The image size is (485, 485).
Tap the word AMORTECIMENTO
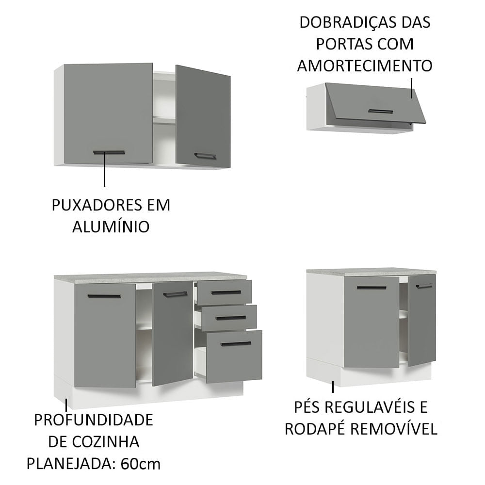coord(364,65)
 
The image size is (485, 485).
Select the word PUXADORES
coord(93,205)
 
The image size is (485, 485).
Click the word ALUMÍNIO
coord(111,226)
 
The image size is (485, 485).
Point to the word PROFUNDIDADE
coord(94,420)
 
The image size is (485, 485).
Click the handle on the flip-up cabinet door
coord(380,111)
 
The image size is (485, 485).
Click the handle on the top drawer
coord(226,292)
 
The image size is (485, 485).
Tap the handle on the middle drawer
coord(231,318)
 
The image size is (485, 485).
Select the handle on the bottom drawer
coord(236,344)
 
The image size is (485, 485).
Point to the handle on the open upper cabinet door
coord(205,156)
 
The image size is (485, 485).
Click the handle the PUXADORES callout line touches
coord(109,152)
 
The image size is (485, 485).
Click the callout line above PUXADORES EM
coord(104,172)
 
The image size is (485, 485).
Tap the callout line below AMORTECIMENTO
coord(412,87)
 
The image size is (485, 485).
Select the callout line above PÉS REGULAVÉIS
coord(333,387)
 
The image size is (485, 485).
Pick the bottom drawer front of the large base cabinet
coord(234,356)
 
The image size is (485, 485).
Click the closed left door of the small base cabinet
coord(372,323)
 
